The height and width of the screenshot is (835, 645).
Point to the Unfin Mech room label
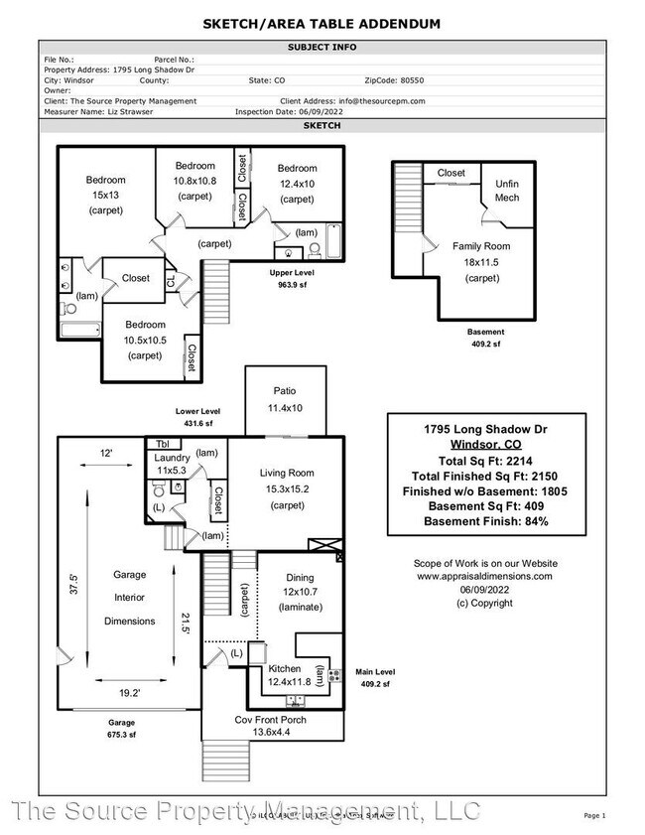507,191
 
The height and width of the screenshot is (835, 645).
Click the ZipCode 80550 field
394,79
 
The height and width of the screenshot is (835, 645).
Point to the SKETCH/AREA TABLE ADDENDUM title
322,23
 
